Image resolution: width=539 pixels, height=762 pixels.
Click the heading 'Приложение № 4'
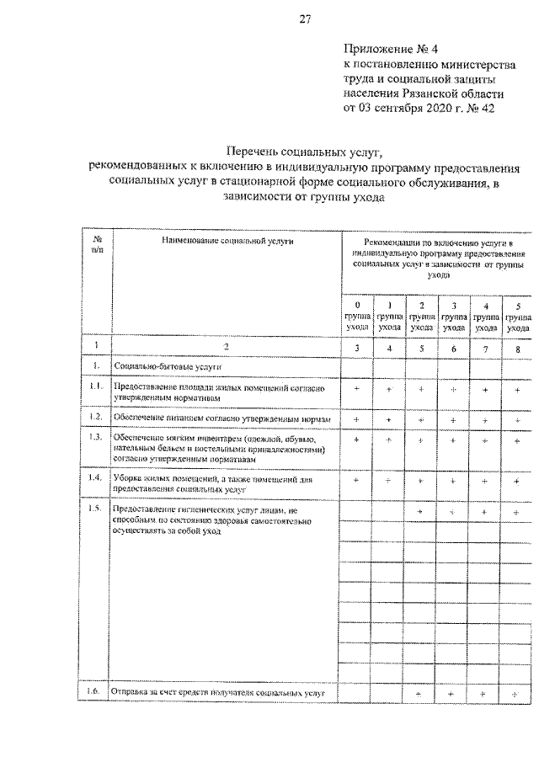[389, 49]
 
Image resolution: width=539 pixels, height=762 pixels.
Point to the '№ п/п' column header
[97, 245]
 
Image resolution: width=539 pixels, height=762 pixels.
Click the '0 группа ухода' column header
[357, 316]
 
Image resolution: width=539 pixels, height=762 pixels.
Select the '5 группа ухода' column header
[518, 316]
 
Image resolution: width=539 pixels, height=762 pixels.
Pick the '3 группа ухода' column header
[454, 316]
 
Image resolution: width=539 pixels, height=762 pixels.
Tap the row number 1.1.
[97, 386]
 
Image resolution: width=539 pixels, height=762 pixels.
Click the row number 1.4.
[97, 478]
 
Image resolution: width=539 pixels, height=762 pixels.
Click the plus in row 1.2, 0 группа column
[357, 418]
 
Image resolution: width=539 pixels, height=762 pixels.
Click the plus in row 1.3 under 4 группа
[485, 440]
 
